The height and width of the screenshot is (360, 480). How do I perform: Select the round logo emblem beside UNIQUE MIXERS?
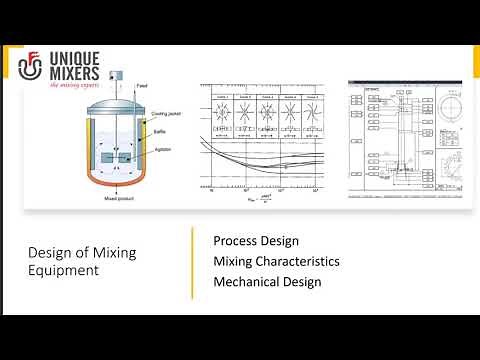pyautogui.click(x=32, y=65)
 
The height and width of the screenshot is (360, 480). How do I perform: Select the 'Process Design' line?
pyautogui.click(x=256, y=241)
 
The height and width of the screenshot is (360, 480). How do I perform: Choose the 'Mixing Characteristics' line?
pyautogui.click(x=276, y=261)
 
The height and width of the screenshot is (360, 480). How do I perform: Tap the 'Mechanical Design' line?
pyautogui.click(x=267, y=281)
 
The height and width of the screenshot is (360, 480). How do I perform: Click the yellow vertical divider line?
pyautogui.click(x=192, y=262)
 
